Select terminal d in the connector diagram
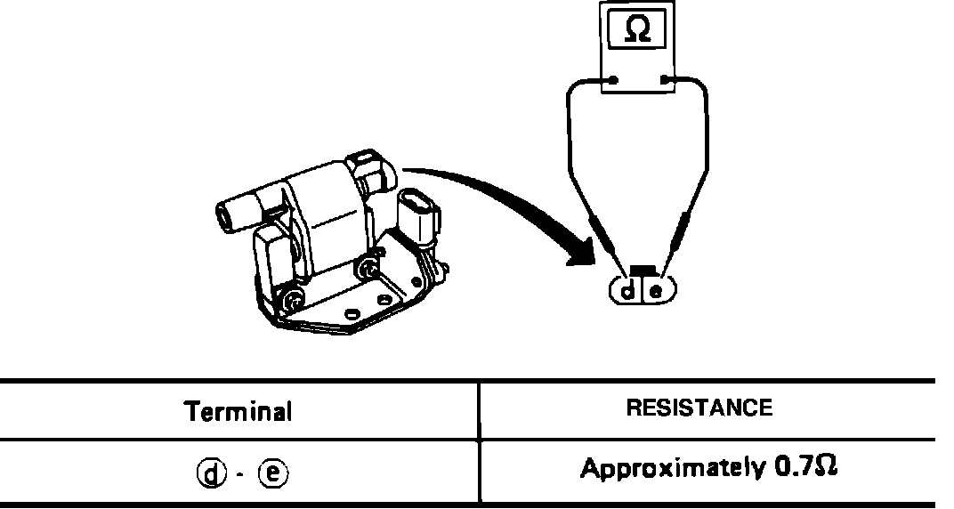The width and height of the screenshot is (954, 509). click(x=628, y=290)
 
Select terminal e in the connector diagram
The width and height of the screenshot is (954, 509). click(x=657, y=290)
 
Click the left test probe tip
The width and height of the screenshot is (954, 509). click(x=618, y=262)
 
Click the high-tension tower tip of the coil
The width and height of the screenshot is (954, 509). click(x=226, y=214)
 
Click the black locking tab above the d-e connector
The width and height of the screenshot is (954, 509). click(x=643, y=270)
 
